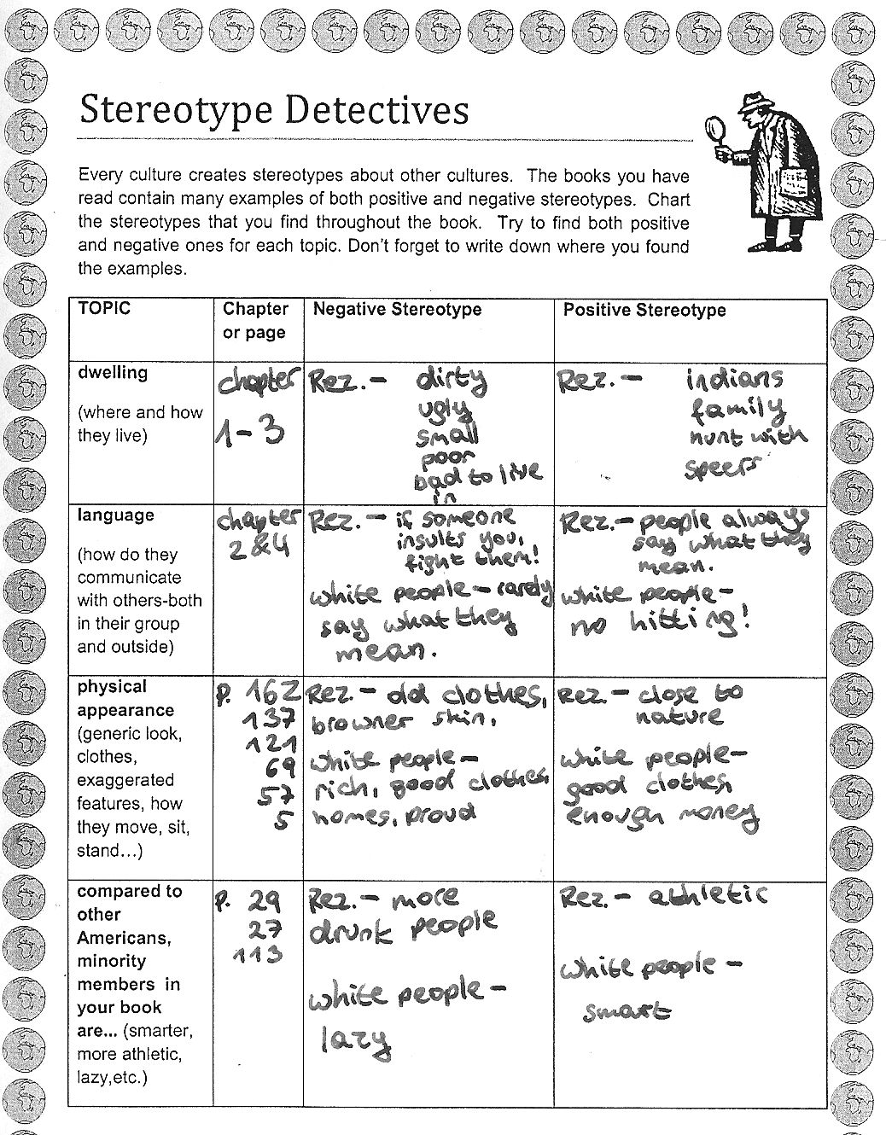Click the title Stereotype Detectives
[x=273, y=111]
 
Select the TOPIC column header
[x=104, y=309]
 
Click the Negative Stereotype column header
[x=397, y=310]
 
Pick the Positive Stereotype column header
[x=644, y=310]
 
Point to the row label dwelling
[x=112, y=373]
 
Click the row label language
[x=115, y=515]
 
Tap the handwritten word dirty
[x=450, y=379]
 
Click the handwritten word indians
[x=734, y=380]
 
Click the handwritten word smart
[x=627, y=1012]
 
